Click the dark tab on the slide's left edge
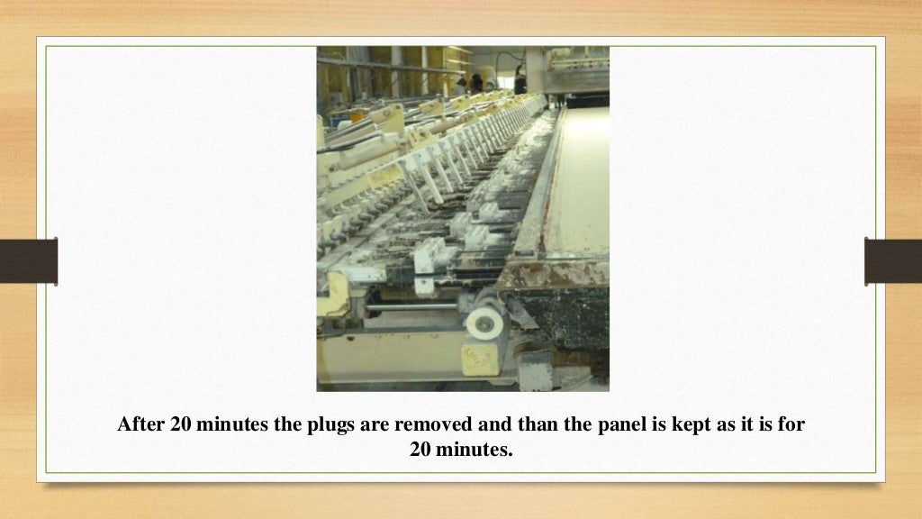pyautogui.click(x=28, y=261)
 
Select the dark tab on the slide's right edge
pyautogui.click(x=893, y=261)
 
